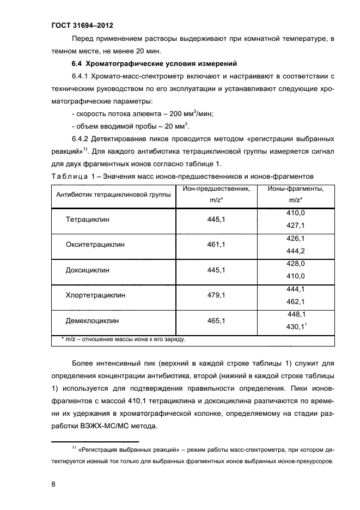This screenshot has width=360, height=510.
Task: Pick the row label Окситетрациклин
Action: pos(95,245)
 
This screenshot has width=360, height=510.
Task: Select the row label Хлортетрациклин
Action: pos(95,295)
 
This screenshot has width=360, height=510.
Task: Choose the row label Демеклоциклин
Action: pos(92,321)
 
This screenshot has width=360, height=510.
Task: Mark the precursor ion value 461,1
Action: pos(216,245)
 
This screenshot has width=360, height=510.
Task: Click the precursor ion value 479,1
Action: pos(216,295)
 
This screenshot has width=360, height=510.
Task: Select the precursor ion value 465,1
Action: pos(216,321)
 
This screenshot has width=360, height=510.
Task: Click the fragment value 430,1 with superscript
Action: pos(297,327)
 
